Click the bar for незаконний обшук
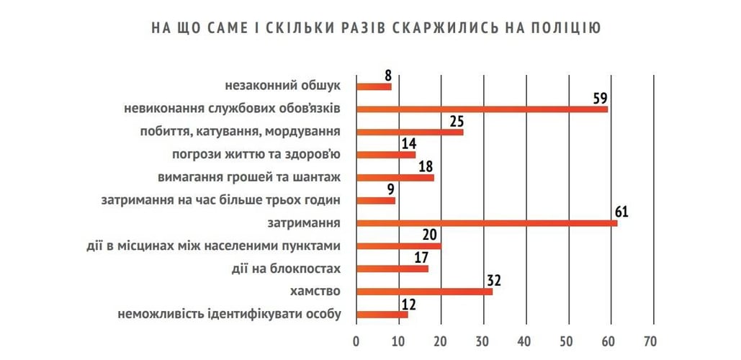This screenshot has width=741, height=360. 374,86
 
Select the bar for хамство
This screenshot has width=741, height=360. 425,292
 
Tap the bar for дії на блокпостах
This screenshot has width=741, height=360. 392,269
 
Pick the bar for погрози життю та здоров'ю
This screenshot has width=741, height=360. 386,155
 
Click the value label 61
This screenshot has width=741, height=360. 621,211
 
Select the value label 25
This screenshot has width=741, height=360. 457,120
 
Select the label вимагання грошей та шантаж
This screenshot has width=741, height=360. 248,177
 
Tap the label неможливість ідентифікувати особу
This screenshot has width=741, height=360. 228,314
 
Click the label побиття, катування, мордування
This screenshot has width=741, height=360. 239,132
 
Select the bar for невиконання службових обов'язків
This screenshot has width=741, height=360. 482,109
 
